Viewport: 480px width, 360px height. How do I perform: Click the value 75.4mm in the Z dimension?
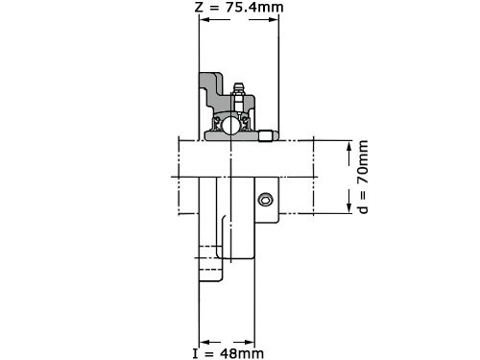pyautogui.click(x=254, y=7)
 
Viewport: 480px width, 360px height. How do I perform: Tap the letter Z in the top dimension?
pyautogui.click(x=199, y=8)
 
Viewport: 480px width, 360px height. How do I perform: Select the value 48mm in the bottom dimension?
pyautogui.click(x=242, y=353)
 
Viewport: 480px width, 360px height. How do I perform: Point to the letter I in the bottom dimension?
pyautogui.click(x=196, y=353)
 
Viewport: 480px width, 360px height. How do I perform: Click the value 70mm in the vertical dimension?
pyautogui.click(x=363, y=162)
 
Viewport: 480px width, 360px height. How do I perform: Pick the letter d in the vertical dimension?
pyautogui.click(x=363, y=208)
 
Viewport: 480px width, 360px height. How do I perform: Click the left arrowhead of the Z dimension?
pyautogui.click(x=204, y=19)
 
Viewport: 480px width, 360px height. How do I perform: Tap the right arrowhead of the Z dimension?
pyautogui.click(x=274, y=19)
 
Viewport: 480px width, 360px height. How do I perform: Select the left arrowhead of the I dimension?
pyautogui.click(x=204, y=343)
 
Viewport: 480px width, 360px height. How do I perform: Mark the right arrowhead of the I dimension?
pyautogui.click(x=250, y=343)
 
